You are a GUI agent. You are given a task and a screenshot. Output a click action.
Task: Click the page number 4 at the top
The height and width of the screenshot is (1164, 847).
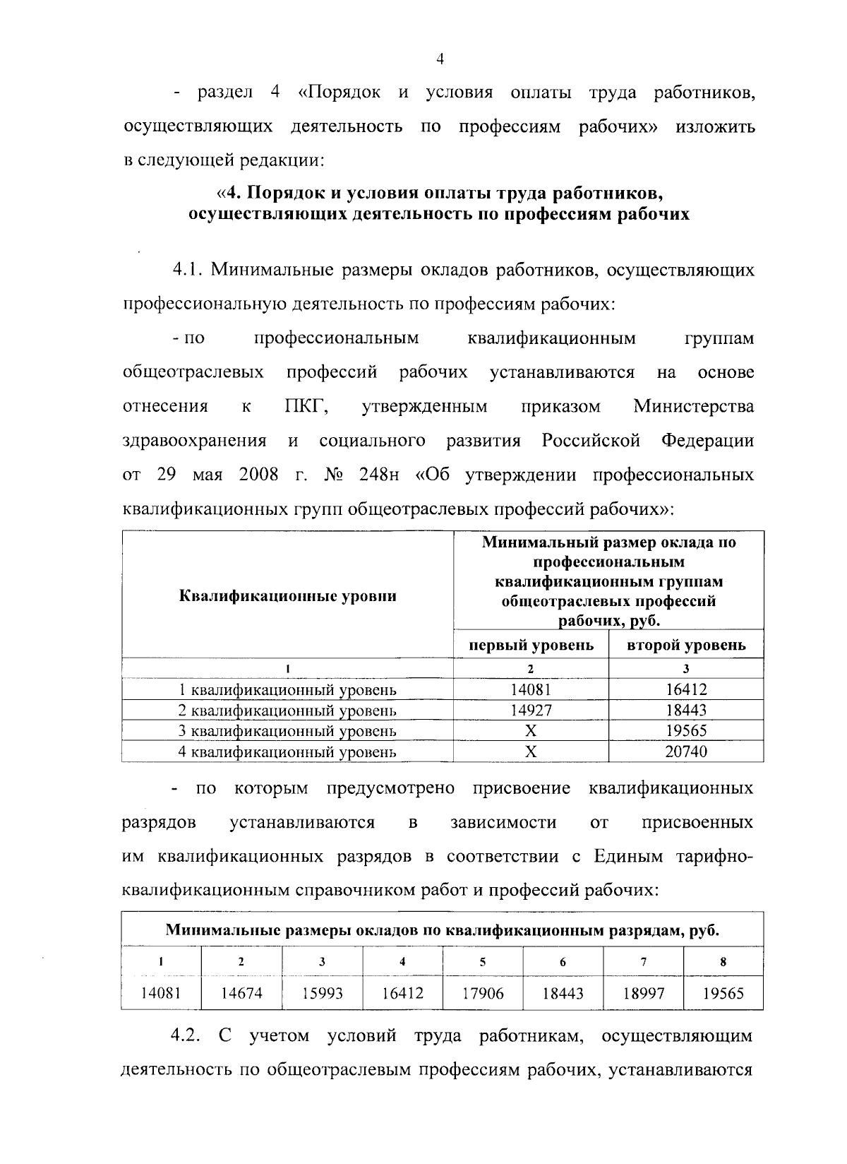pos(439,61)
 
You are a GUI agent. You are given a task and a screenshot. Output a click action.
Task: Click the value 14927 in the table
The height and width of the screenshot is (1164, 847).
pos(531,710)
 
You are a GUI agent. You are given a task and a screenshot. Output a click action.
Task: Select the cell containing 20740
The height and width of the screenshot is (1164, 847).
pos(685,752)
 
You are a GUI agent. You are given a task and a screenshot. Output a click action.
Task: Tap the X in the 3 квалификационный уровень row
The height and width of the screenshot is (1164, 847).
pos(531,731)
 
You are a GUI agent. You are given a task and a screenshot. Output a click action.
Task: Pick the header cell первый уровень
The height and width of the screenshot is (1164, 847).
pos(531,645)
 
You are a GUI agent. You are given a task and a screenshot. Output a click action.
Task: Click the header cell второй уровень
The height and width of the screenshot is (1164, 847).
pos(686,645)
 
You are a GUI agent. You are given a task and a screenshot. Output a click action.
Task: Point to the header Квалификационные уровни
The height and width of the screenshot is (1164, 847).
pos(288,595)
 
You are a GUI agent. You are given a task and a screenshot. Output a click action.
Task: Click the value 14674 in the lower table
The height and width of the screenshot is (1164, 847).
pos(241,993)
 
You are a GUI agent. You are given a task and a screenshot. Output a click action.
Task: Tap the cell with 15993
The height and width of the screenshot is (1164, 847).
pos(322,993)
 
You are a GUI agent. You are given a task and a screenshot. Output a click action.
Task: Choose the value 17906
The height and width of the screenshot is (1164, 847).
pos(483,993)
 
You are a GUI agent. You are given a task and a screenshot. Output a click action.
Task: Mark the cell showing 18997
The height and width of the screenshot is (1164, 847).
pos(644,993)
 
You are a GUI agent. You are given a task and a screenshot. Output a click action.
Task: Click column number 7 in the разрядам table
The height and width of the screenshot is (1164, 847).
pos(644,961)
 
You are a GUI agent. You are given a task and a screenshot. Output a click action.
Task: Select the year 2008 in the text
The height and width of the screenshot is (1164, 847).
pos(259,475)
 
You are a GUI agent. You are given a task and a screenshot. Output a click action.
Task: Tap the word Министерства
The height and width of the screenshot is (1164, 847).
pos(693,407)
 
